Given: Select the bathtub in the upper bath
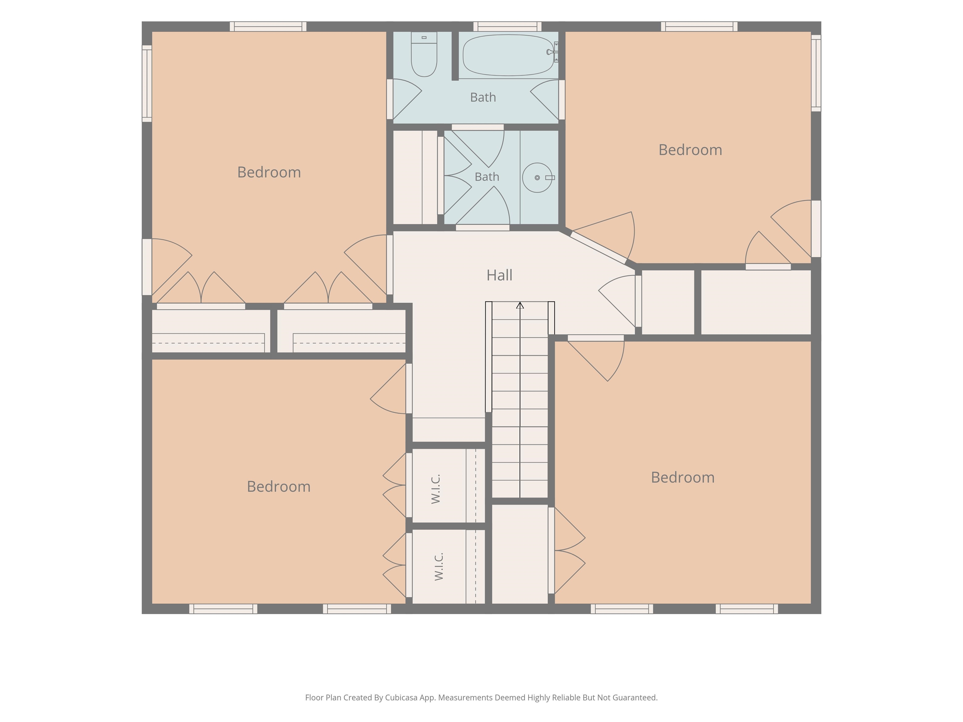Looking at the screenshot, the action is [x=508, y=55].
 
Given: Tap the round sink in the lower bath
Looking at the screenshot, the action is [x=537, y=178].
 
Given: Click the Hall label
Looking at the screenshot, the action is [x=499, y=275].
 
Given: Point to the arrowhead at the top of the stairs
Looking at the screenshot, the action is [x=520, y=305].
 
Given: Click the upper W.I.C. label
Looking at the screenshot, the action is [x=436, y=489].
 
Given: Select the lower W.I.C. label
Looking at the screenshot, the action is [x=439, y=566].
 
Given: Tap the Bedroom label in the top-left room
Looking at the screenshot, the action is [x=269, y=172].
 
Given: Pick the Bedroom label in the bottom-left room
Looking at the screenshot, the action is [x=279, y=487].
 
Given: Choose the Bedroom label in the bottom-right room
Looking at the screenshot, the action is [x=683, y=478].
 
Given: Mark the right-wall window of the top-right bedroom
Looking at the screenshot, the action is [x=816, y=73].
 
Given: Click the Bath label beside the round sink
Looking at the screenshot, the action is [x=487, y=177].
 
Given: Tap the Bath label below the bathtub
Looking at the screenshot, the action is [x=483, y=97].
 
